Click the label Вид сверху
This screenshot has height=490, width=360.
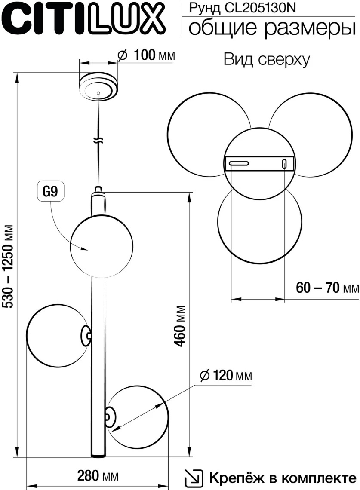click(266, 60)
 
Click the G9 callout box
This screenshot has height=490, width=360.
click(50, 192)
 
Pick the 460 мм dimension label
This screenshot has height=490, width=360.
click(180, 326)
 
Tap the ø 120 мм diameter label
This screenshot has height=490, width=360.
click(226, 376)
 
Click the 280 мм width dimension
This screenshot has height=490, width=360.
click(97, 476)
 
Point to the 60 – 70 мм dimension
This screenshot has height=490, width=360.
click(327, 288)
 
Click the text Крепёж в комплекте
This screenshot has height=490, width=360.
click(283, 478)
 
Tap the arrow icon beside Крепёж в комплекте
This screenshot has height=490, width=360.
click(193, 478)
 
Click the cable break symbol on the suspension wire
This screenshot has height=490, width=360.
click(99, 141)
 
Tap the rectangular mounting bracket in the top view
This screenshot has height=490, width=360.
click(260, 163)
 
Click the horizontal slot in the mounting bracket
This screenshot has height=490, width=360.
click(238, 163)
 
